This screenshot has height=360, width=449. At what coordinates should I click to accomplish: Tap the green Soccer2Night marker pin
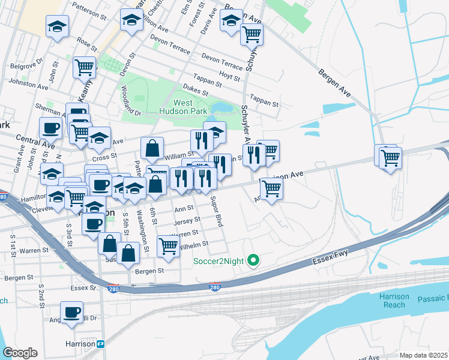[253, 260]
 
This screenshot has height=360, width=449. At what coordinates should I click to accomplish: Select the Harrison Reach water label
[394, 301]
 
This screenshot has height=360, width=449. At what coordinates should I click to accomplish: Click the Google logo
[20, 353]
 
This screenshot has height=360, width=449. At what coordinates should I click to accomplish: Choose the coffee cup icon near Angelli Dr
[72, 313]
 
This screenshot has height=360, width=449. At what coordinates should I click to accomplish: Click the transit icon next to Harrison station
[101, 344]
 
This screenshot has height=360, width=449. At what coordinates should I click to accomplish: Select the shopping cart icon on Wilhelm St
[168, 245]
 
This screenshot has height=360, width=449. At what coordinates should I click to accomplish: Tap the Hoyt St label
[229, 77]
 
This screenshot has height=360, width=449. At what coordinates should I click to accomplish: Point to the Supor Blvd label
[217, 214]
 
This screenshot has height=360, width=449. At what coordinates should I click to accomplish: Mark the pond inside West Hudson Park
[223, 108]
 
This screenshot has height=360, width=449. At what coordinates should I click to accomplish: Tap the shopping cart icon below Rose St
[84, 67]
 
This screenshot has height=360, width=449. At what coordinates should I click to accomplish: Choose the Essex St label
[84, 287]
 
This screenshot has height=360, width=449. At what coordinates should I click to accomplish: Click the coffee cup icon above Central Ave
[51, 127]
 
